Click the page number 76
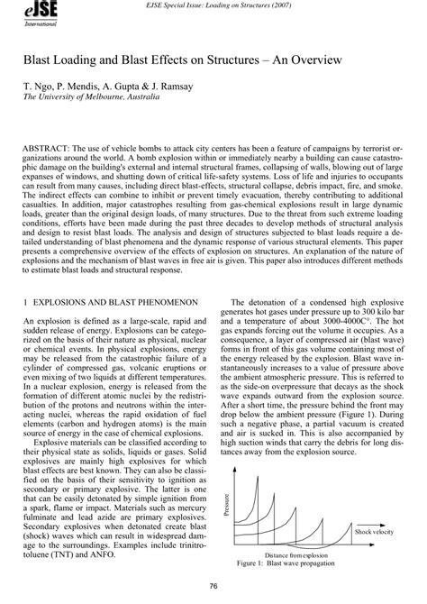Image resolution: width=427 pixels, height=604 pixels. [x=213, y=587]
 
